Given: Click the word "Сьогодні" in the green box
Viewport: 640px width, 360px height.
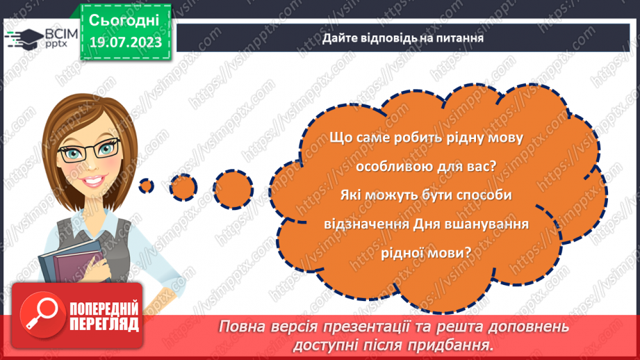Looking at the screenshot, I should [x=124, y=19].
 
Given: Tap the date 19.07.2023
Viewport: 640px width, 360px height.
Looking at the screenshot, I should [x=124, y=43].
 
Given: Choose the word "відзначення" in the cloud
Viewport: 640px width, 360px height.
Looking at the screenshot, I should [x=366, y=225].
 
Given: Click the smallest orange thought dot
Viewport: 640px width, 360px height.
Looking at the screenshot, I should [x=146, y=186].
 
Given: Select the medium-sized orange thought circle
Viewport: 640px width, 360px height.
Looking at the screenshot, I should [x=183, y=186].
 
